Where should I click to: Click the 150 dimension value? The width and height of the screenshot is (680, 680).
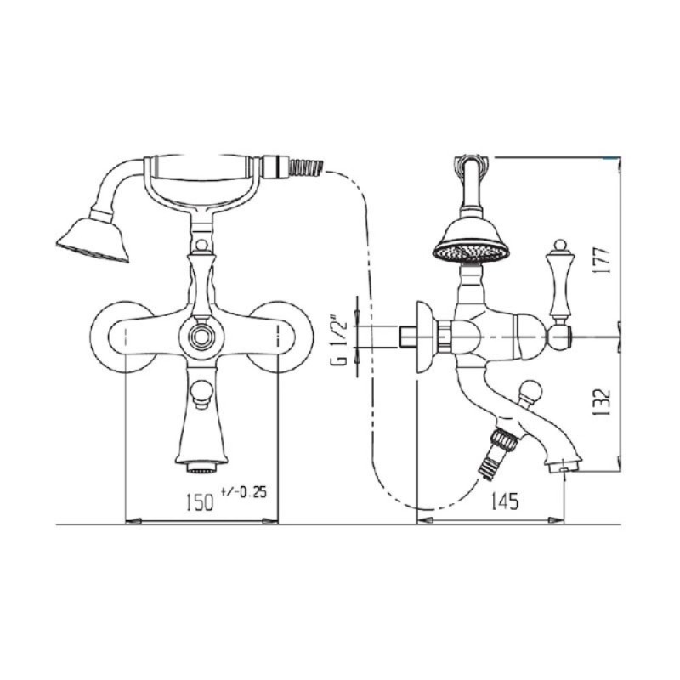click(200, 502)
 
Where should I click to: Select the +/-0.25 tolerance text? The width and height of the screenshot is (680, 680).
click(243, 492)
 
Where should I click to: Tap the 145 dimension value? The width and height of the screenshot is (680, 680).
click(504, 502)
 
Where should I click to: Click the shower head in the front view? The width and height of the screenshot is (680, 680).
click(93, 241)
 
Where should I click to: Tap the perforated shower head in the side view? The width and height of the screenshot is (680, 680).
click(472, 249)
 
